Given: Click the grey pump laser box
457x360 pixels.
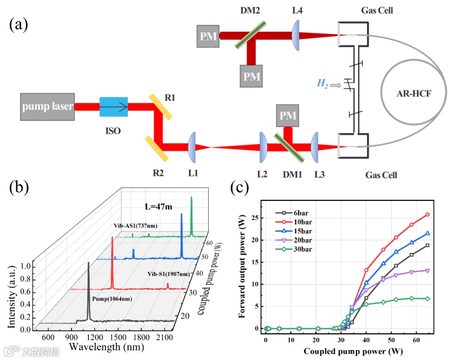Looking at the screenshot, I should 47,107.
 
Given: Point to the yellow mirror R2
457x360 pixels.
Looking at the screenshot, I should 157,148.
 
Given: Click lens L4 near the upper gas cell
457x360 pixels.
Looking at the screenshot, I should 296,35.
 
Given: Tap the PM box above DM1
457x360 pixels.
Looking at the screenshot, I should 288,115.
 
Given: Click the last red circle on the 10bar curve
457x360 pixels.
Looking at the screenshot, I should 427,214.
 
